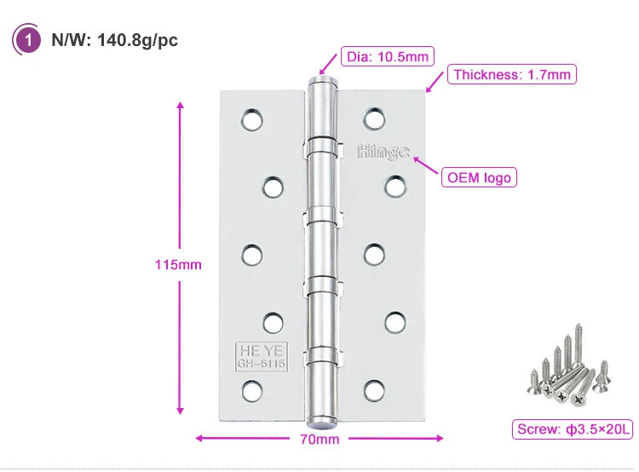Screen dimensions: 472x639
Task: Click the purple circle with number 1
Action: click(29, 40)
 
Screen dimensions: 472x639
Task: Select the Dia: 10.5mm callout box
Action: click(387, 57)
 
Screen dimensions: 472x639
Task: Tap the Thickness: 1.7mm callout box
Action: click(512, 74)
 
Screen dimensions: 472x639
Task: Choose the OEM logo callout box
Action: click(480, 177)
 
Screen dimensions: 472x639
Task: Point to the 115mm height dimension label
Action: click(178, 264)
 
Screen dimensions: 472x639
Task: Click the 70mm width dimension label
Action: click(319, 440)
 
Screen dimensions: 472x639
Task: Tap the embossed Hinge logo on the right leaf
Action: click(383, 153)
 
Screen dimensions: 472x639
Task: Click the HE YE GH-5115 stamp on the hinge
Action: click(260, 356)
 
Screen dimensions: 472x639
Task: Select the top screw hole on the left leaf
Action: click(251, 120)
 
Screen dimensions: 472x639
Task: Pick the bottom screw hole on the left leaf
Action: click(251, 391)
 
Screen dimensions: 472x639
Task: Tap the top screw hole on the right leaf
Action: click(374, 118)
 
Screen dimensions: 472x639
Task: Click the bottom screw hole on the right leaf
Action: click(374, 389)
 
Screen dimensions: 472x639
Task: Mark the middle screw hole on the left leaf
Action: click(251, 255)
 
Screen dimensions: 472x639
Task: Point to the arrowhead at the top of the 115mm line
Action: click(180, 105)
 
